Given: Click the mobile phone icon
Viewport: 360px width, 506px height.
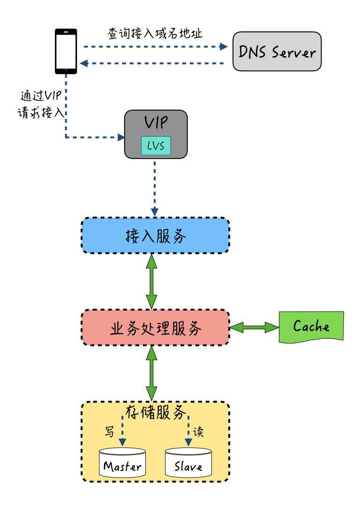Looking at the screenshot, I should pos(66,51).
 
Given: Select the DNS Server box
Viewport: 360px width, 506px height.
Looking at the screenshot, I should pos(277,52).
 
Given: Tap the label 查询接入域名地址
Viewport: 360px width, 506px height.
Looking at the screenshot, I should pos(155,34).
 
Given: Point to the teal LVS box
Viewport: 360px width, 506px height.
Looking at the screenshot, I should pos(156,146).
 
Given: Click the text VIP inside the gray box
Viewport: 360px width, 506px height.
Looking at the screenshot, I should pos(156,123).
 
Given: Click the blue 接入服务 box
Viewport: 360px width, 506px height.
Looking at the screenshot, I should pos(155,235).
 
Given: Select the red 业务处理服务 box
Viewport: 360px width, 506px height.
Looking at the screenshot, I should pos(155,327).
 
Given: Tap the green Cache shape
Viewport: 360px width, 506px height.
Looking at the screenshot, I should pos(311,326).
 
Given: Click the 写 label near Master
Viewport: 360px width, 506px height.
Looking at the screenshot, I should pos(109,432).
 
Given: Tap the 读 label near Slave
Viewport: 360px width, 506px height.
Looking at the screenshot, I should pos(199,432).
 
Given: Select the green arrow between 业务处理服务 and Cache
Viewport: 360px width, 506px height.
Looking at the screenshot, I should pos(254,327).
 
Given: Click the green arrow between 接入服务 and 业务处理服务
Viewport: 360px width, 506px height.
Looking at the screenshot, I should pos(151,281).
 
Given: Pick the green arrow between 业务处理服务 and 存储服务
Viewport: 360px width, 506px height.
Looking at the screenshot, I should pos(151,373).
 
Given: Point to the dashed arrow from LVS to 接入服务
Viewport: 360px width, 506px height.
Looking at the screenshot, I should pos(155,187).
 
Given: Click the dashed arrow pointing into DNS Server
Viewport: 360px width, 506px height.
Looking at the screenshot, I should pos(155,47).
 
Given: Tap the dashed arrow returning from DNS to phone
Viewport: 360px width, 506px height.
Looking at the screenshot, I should pos(155,63).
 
